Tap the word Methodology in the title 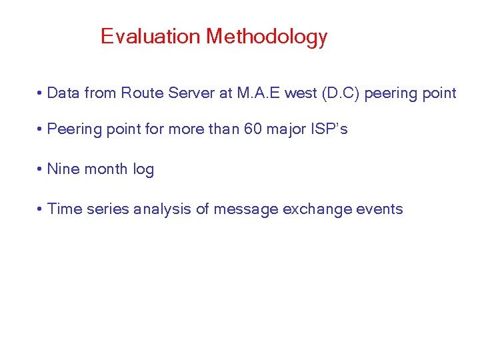(x=267, y=37)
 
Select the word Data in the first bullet (x=63, y=93)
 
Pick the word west (x=301, y=93)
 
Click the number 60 (x=253, y=129)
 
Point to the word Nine (x=64, y=169)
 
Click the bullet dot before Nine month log (x=41, y=170)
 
